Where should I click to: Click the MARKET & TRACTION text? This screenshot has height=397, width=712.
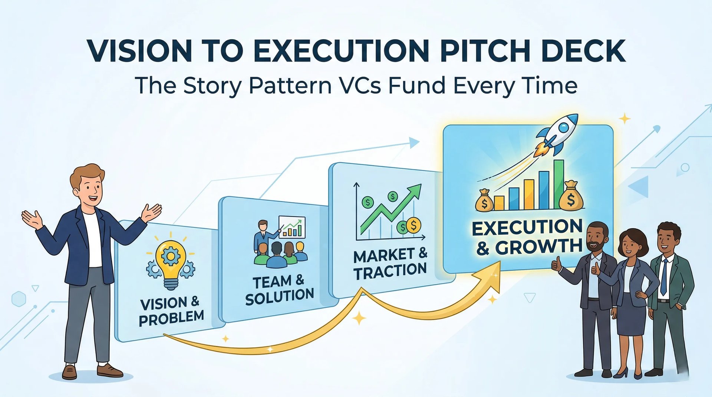(390, 263)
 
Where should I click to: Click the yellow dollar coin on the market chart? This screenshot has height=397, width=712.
(413, 225)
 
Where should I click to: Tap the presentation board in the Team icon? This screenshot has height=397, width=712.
(292, 227)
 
